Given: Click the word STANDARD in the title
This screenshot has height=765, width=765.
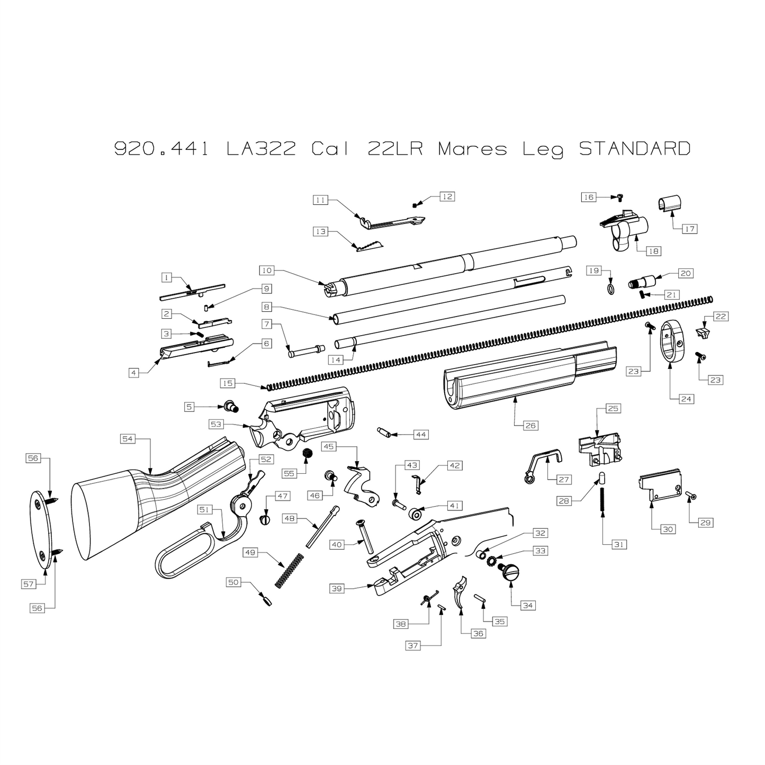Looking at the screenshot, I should tap(634, 149).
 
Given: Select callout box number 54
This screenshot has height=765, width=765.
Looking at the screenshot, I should tap(128, 439).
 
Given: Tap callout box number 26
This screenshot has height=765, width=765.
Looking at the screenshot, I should tap(530, 425).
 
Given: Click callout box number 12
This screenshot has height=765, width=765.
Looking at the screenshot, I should tap(447, 196).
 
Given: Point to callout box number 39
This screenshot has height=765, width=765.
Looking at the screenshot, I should tap(337, 589).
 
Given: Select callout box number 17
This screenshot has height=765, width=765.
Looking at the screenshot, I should tap(689, 229).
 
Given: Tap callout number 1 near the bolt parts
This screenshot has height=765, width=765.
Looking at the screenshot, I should tap(166, 277).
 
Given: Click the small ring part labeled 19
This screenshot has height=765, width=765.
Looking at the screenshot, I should tap(610, 289).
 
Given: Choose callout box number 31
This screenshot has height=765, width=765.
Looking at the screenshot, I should tap(619, 545).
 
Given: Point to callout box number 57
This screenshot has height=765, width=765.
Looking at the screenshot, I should tap(29, 584).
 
